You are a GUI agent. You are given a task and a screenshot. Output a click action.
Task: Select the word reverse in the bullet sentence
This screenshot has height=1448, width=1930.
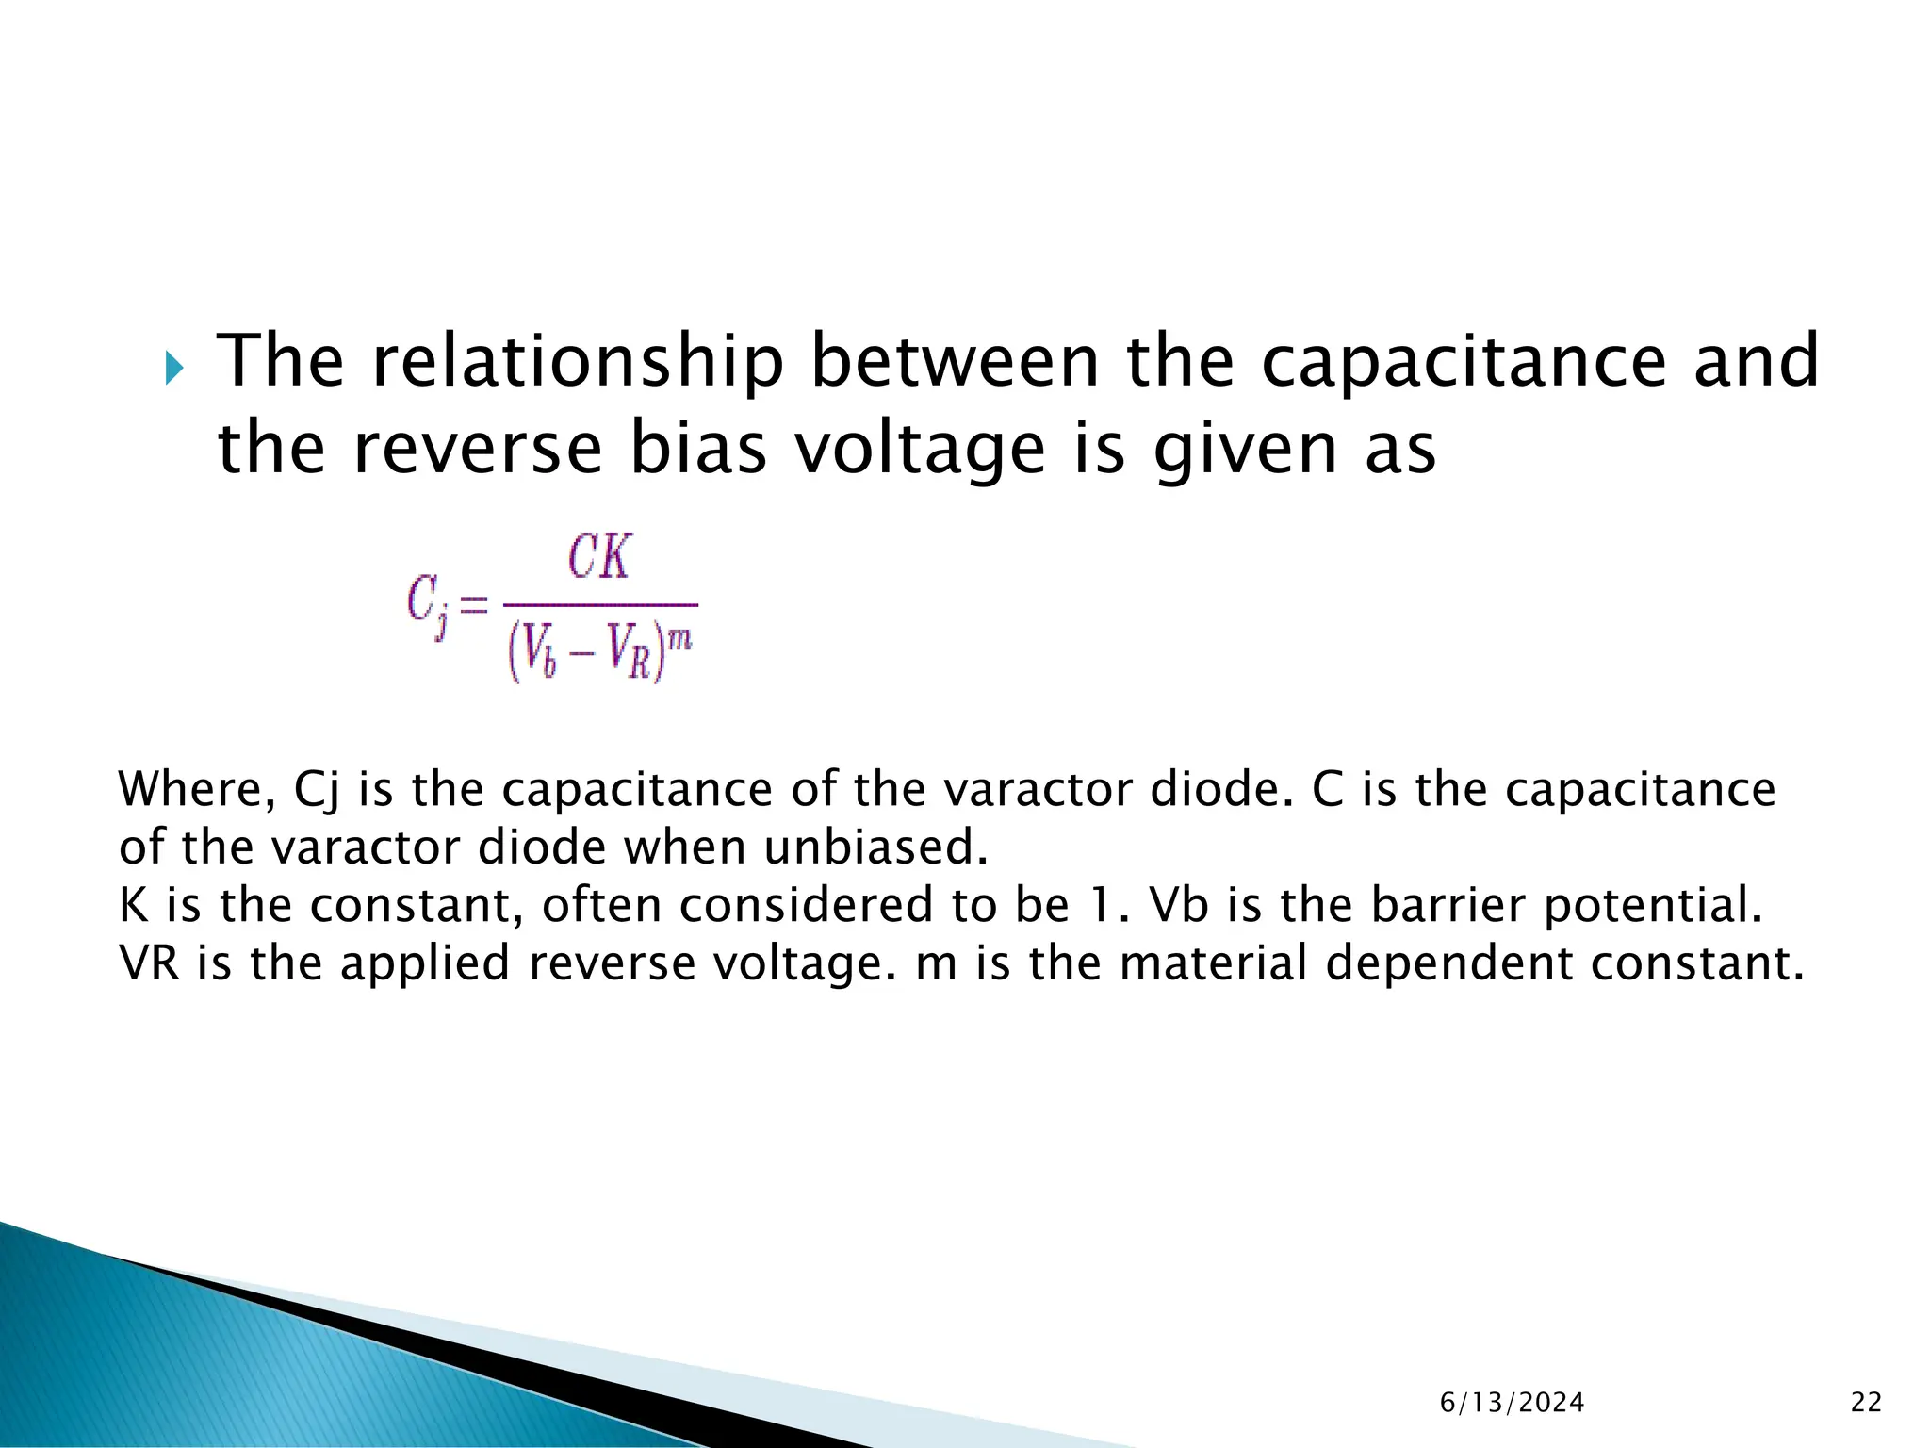click(x=477, y=449)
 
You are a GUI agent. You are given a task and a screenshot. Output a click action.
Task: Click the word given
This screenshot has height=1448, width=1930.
click(x=1246, y=449)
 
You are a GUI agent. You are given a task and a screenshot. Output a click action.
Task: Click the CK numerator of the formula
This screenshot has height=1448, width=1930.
click(x=600, y=557)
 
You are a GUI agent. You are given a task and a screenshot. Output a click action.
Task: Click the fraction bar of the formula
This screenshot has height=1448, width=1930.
click(x=600, y=604)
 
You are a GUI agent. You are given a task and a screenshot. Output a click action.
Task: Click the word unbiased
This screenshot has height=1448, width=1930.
click(x=875, y=847)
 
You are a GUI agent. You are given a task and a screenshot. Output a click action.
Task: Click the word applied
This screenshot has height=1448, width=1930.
click(x=424, y=963)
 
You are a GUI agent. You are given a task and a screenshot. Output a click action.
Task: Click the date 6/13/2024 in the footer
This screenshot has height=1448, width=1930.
click(x=1512, y=1403)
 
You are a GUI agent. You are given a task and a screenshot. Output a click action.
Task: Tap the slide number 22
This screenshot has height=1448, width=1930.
click(x=1866, y=1403)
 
